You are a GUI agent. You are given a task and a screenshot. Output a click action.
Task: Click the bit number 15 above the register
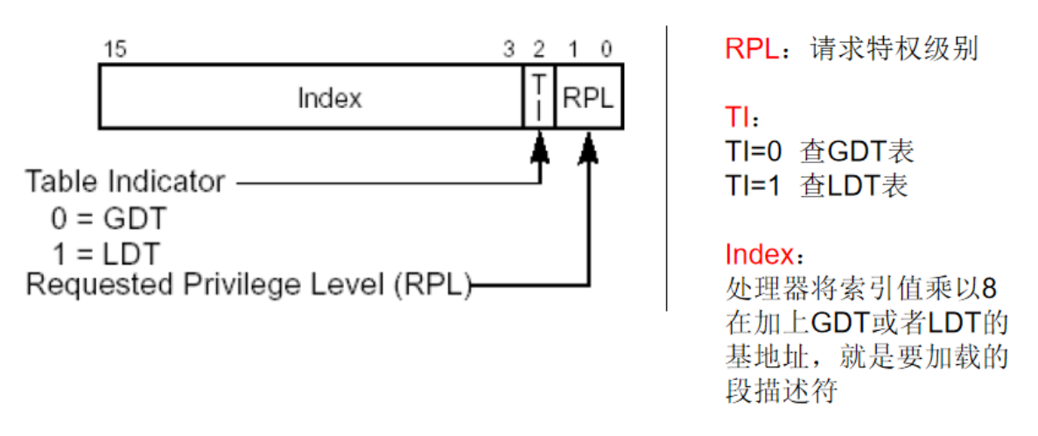click(x=115, y=50)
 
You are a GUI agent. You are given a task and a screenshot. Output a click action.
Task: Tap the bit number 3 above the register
click(x=508, y=50)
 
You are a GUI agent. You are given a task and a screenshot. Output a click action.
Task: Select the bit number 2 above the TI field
click(x=538, y=50)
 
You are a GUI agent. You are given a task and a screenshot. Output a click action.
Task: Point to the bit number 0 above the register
click(x=607, y=50)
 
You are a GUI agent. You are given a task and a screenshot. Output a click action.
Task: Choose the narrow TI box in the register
click(x=539, y=96)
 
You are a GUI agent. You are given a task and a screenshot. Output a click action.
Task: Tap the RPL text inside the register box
click(x=588, y=97)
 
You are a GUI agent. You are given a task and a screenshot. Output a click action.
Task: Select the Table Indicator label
click(x=125, y=182)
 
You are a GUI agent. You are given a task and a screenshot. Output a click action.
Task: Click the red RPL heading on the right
click(x=750, y=49)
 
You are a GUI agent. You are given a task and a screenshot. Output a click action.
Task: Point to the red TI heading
click(x=736, y=117)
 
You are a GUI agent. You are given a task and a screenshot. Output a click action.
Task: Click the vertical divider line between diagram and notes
click(x=667, y=166)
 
